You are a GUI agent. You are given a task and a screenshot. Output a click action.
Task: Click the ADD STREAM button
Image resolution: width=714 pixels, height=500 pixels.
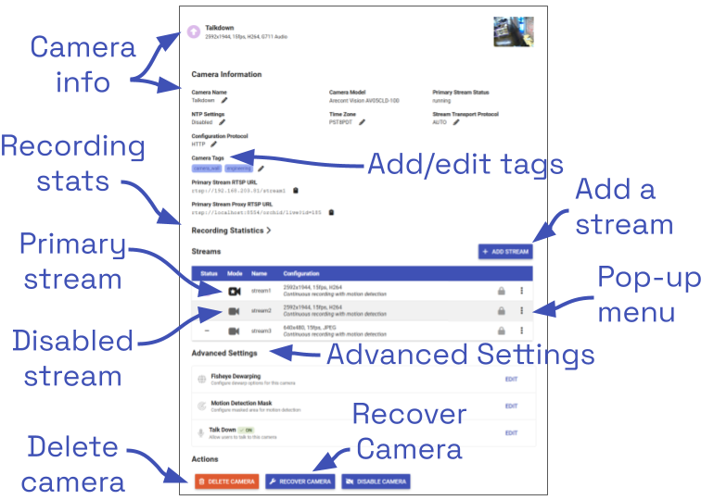[x=505, y=251]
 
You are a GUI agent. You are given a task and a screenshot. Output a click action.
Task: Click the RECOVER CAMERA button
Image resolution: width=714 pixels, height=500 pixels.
[x=300, y=481]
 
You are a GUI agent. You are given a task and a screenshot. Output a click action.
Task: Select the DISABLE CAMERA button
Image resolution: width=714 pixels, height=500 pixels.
[x=376, y=481]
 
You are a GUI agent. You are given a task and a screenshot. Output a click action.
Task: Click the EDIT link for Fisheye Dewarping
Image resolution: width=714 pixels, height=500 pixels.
[x=511, y=380]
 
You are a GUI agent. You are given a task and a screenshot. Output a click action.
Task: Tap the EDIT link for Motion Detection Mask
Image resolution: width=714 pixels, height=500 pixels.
[x=511, y=406]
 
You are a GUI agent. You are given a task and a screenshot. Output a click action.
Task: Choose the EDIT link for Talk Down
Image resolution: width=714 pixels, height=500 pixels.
[x=511, y=432]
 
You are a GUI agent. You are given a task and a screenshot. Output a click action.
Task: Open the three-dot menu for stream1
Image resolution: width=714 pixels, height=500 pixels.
[x=522, y=291]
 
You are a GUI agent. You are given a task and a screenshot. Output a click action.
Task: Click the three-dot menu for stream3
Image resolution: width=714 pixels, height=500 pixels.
[x=522, y=331]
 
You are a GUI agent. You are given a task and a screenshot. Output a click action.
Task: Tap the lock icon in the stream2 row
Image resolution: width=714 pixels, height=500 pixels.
[x=502, y=311]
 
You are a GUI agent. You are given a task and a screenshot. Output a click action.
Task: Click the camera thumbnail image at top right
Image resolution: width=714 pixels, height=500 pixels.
[x=513, y=31]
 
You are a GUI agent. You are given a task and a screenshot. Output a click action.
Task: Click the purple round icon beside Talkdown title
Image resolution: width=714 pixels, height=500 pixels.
[x=193, y=32]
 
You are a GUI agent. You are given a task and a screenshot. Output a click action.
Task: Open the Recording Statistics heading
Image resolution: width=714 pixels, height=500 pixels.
[x=231, y=230]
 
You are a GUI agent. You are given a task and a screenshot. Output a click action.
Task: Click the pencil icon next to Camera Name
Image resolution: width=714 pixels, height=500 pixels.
[x=224, y=100]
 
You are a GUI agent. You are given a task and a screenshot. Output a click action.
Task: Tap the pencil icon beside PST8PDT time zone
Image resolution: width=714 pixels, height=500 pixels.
[x=362, y=121]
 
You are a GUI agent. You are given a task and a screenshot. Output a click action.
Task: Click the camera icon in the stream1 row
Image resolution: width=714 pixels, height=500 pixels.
[x=234, y=291]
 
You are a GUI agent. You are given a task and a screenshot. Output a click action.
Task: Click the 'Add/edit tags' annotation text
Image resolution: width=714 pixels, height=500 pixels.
[x=465, y=164]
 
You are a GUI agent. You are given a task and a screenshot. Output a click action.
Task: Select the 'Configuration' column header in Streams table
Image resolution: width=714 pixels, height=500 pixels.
[x=302, y=274]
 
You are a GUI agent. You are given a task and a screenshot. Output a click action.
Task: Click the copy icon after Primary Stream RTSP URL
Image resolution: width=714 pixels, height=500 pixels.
[x=295, y=191]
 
